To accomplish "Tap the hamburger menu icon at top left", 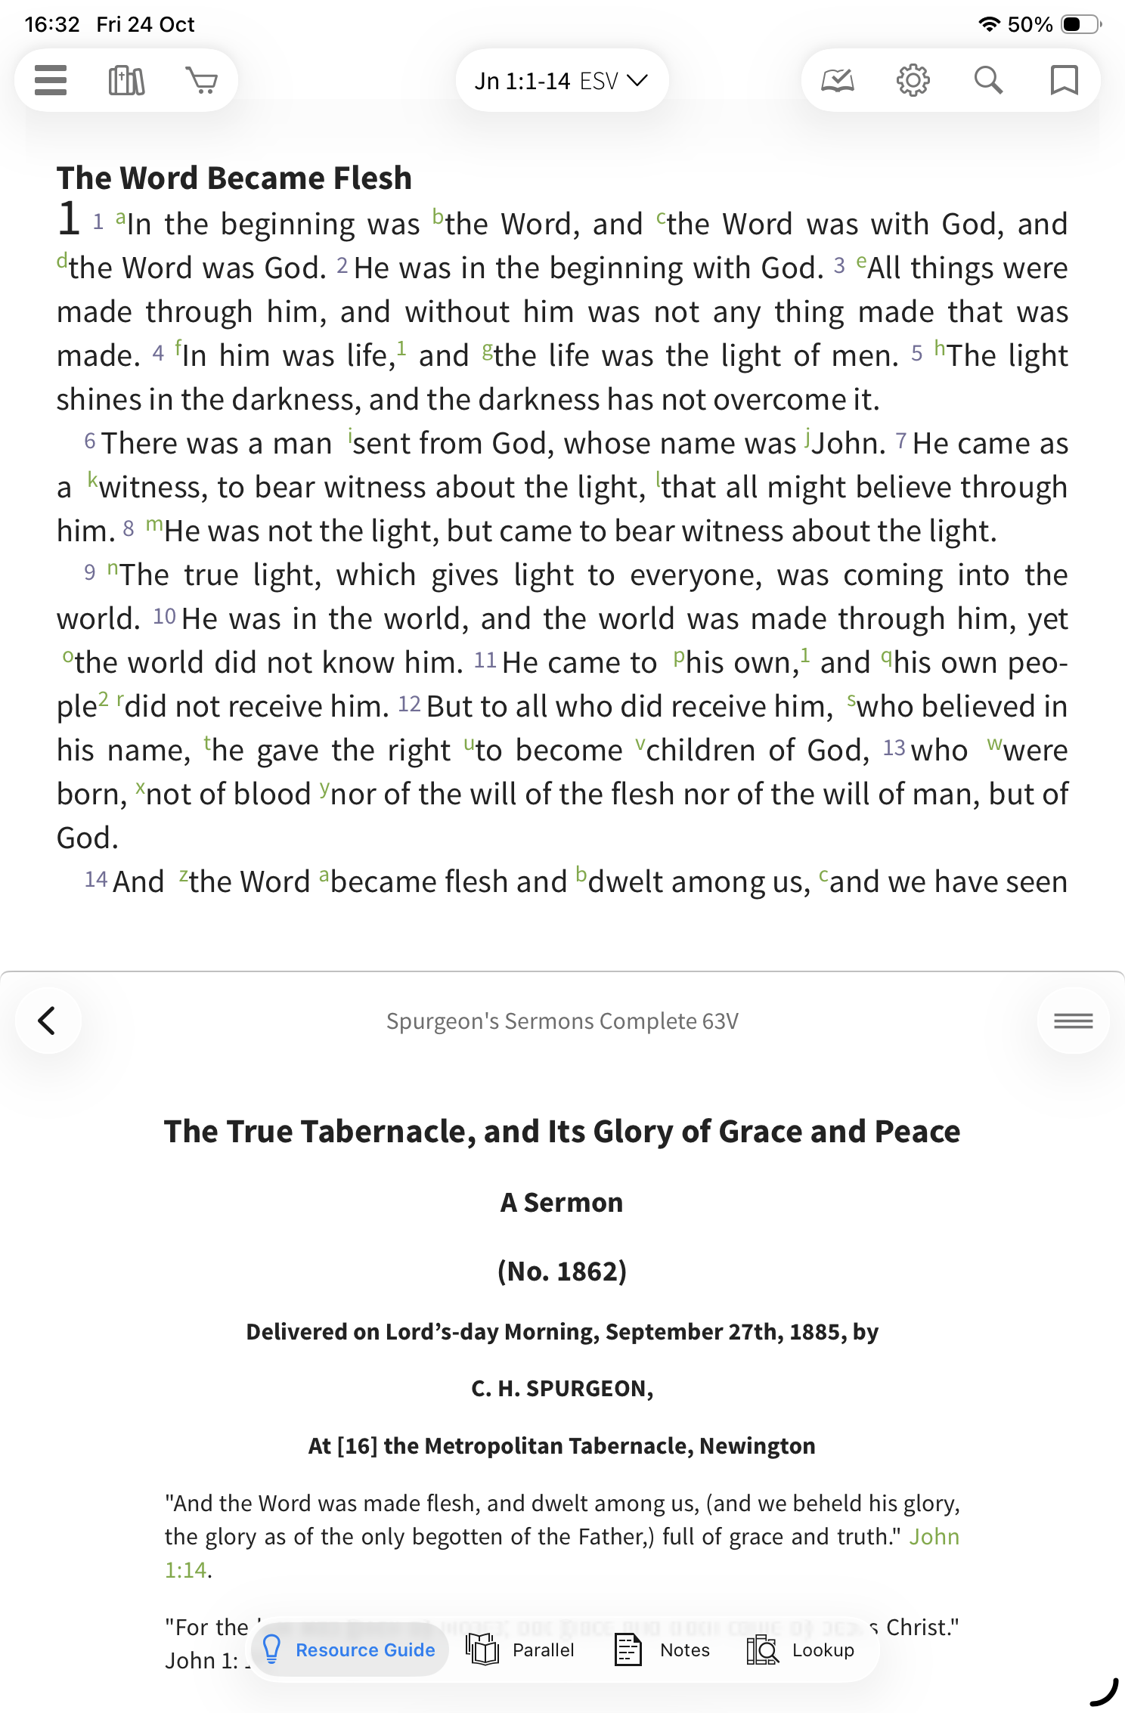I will (x=51, y=80).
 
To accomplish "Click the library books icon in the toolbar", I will (x=126, y=80).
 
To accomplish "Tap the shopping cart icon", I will (x=201, y=80).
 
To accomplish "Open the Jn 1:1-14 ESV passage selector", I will (x=561, y=81).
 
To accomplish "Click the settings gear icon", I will (x=913, y=80).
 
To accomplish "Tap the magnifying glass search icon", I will (x=988, y=80).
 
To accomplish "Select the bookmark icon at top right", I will (x=1064, y=80).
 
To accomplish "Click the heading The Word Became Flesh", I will (x=234, y=178).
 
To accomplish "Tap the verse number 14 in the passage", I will (x=96, y=880).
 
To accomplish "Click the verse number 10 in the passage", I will (x=164, y=617).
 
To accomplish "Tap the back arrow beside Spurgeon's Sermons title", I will (x=48, y=1021).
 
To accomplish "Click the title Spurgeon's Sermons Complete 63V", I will (x=562, y=1021).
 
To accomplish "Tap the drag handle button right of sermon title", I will (x=1073, y=1021).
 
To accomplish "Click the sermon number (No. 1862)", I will (x=562, y=1272).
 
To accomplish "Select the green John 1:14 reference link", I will (x=934, y=1537).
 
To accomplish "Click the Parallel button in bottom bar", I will (x=521, y=1649).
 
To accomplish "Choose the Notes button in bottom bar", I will (x=662, y=1649).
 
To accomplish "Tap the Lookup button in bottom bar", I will (x=801, y=1649).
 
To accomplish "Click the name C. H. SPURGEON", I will (x=562, y=1389).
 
